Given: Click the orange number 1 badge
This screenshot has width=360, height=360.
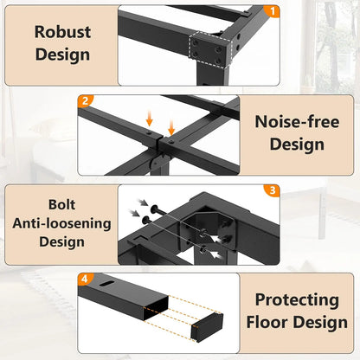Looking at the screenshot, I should [274, 11].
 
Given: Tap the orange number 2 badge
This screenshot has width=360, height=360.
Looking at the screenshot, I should [86, 101].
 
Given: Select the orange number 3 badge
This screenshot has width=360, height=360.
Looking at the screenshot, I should [271, 190].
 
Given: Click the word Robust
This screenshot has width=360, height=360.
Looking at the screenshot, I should [61, 32].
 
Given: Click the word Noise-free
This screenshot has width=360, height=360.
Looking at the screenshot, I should [298, 121].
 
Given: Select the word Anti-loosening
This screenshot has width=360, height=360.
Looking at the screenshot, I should [61, 222].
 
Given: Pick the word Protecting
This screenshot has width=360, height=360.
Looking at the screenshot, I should [297, 300].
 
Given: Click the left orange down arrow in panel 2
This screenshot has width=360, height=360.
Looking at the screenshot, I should [154, 119].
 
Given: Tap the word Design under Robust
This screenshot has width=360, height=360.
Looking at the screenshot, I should [61, 55].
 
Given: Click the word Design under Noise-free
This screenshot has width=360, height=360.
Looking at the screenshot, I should [297, 144].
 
